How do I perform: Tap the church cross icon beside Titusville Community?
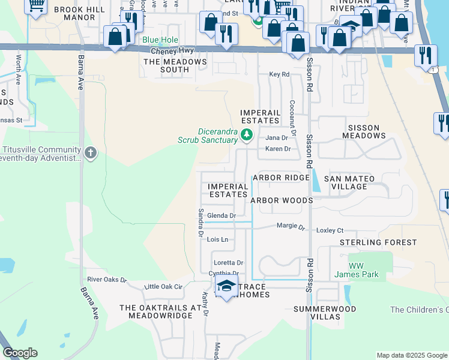tap(90, 153)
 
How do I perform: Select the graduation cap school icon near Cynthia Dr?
tap(226, 289)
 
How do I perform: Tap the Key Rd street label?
tap(279, 74)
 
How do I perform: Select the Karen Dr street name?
tap(278, 149)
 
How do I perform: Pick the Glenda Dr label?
tap(221, 215)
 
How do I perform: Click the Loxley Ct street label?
tap(330, 230)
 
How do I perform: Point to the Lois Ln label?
tap(218, 239)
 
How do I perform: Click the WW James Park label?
tap(364, 270)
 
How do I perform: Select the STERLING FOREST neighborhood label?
tap(378, 242)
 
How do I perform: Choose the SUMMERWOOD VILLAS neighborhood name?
tap(325, 313)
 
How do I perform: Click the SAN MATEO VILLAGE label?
tap(349, 182)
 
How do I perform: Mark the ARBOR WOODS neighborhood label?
tap(282, 200)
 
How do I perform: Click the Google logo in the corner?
tap(20, 353)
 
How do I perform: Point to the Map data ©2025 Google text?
tap(411, 355)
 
